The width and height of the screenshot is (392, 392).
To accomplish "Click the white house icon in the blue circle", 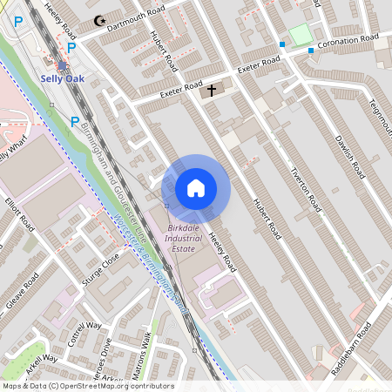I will click(196, 188).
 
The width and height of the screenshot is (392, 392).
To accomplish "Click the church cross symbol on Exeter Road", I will click(210, 91).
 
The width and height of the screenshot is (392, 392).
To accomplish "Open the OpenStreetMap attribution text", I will click(88, 386).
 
